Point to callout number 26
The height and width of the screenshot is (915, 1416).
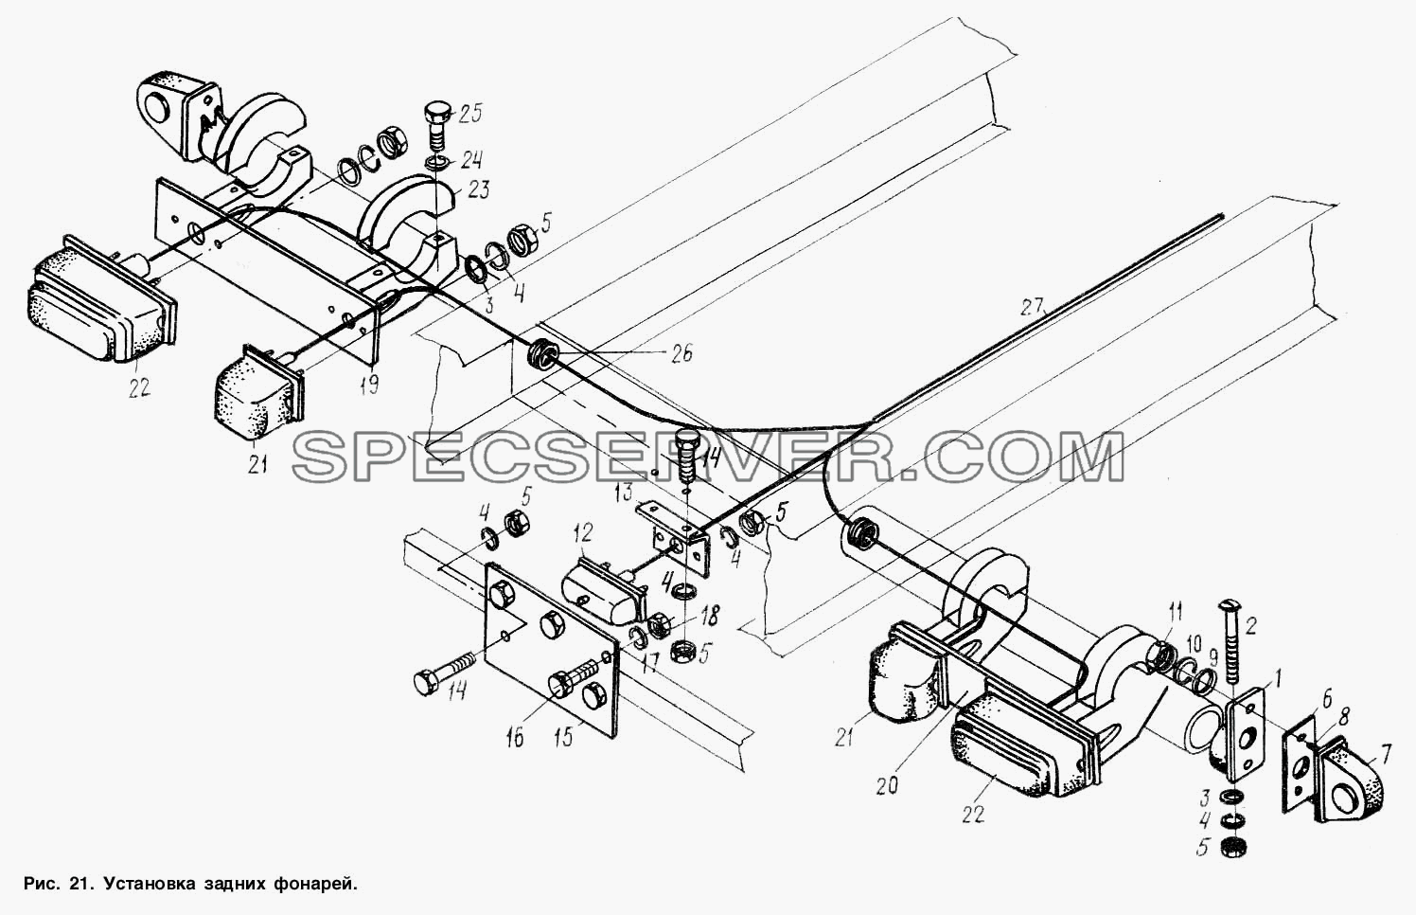point(681,351)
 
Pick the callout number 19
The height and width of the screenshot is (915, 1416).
point(369,384)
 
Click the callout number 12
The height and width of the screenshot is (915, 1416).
point(583,532)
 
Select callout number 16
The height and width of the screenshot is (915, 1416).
point(515,738)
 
